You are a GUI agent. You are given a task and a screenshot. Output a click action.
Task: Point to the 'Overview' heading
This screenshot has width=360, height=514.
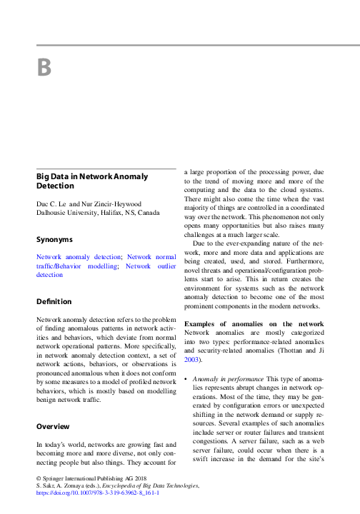pyautogui.click(x=54, y=426)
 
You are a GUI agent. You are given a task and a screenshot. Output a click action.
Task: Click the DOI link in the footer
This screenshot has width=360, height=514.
pyautogui.click(x=97, y=493)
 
